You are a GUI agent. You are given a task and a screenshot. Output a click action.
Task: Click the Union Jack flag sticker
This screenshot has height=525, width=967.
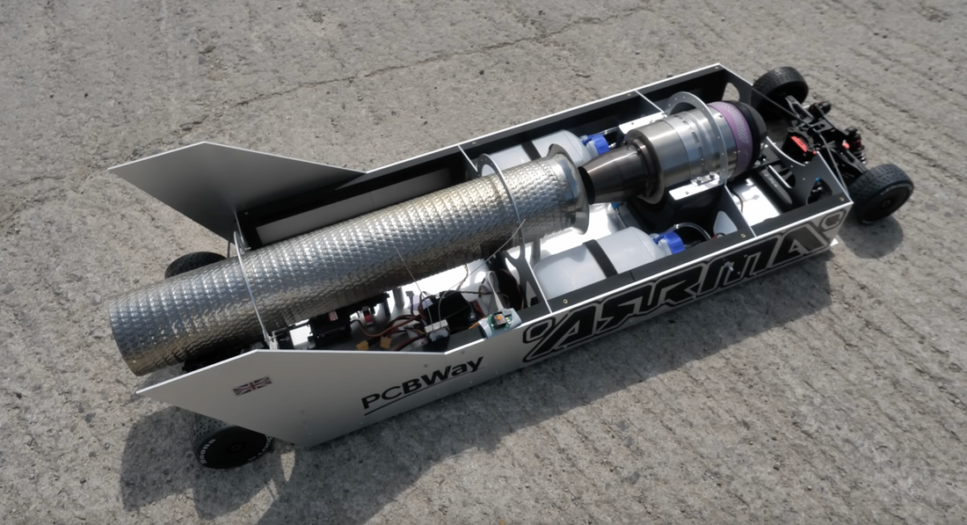point(251,385)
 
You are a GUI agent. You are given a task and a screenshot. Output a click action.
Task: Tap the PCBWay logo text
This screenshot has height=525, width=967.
point(422,384)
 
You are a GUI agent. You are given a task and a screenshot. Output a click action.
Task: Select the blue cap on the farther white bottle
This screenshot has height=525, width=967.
point(599,144)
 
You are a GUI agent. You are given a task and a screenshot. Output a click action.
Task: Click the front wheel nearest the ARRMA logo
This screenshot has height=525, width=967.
point(881,191)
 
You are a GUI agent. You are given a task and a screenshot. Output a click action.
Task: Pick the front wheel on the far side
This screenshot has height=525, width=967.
point(780,85)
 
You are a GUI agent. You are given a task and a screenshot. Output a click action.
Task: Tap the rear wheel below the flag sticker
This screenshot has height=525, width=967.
point(230,444)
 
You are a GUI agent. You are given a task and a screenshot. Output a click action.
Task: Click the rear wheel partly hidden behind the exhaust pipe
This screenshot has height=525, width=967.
point(192,264)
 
